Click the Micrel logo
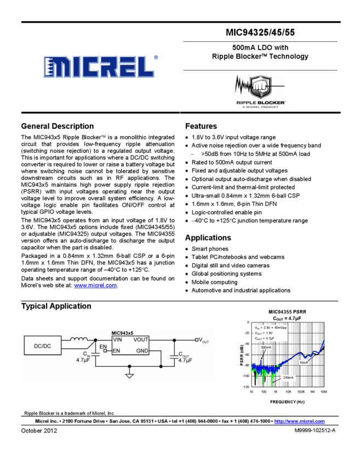tap(99, 66)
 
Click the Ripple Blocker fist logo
tap(260, 90)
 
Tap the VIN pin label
tap(118, 340)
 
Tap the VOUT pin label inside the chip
tap(142, 340)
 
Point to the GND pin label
tap(142, 350)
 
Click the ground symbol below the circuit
tap(129, 376)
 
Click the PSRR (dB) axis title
tap(242, 354)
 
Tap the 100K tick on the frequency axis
tap(301, 392)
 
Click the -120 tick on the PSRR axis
tap(246, 387)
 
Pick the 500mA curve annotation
tap(266, 348)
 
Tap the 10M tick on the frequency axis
tap(324, 392)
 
